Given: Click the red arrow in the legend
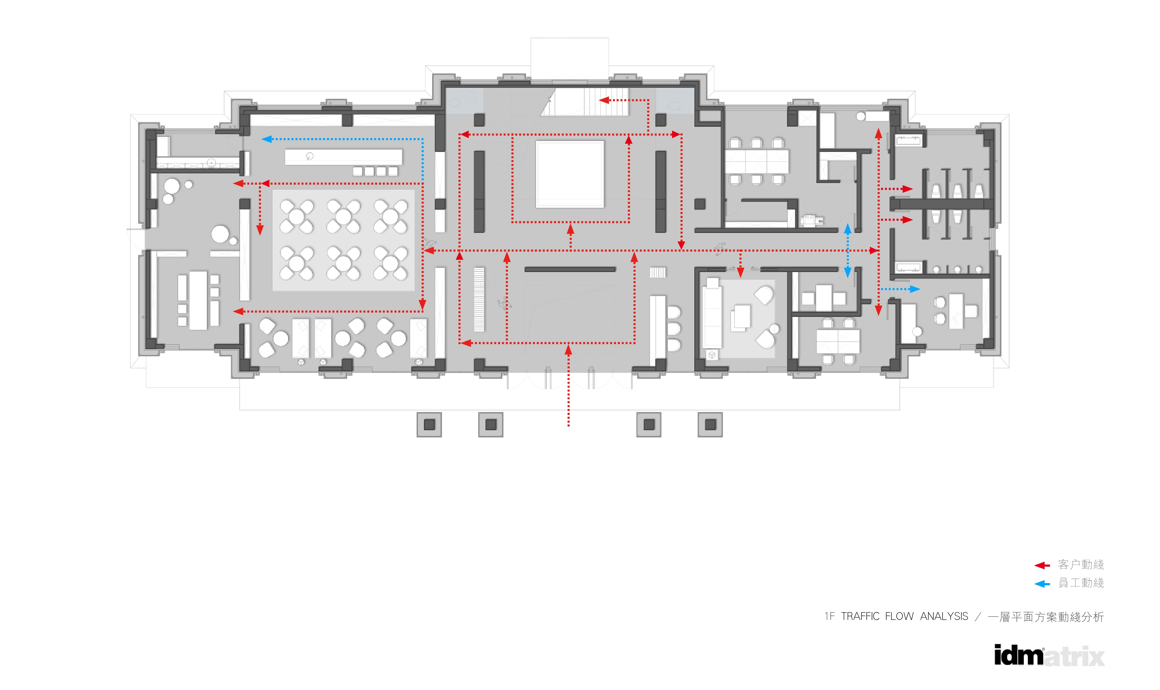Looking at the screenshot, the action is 1042,565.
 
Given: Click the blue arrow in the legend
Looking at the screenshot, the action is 1042,584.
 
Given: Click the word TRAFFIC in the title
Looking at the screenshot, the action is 860,616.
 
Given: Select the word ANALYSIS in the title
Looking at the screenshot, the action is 944,616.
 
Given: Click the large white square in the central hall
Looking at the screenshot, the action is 570,175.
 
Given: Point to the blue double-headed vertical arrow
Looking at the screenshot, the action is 847,251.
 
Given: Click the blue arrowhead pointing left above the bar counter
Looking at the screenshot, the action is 267,139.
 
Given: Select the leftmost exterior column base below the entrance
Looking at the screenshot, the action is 429,424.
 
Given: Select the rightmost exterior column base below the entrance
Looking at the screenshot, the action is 710,424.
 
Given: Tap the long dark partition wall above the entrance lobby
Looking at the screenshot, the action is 570,269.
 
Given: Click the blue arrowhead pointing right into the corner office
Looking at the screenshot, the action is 915,289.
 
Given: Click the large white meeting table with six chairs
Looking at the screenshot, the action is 757,161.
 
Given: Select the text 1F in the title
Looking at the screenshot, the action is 830,616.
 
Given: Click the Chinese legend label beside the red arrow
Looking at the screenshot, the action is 1081,565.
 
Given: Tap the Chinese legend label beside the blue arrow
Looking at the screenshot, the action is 1081,583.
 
